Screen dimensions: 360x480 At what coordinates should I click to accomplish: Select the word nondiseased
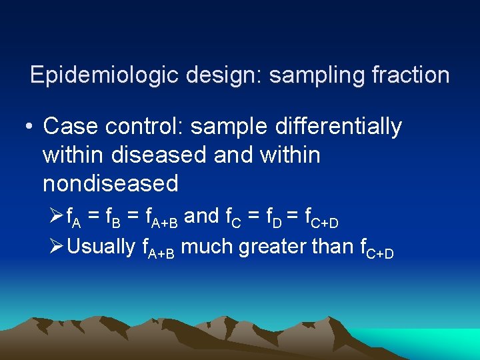point(111,183)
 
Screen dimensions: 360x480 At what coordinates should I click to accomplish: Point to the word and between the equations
point(201,216)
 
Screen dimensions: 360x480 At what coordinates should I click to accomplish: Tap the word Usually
point(102,247)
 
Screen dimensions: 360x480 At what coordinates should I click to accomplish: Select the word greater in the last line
point(273,247)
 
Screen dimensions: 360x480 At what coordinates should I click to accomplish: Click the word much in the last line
point(207,247)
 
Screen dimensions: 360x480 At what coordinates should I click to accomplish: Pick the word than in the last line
point(333,247)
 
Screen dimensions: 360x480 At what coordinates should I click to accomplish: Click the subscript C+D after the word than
point(381,253)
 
